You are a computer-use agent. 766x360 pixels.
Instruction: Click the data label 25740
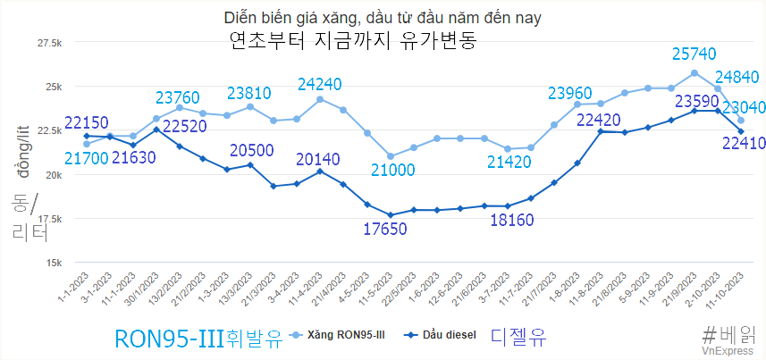(x=694, y=54)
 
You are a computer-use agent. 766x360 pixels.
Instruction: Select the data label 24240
(x=320, y=85)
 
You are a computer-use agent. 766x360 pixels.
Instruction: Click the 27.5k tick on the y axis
(x=47, y=43)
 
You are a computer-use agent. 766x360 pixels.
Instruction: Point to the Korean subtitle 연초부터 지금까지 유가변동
(x=352, y=40)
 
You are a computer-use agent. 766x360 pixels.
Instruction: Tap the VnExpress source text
(x=726, y=352)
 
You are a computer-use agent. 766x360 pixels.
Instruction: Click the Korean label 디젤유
(x=518, y=337)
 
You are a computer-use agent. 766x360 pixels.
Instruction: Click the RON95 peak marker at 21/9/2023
(x=694, y=73)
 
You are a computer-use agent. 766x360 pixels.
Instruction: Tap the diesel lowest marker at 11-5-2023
(x=391, y=215)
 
